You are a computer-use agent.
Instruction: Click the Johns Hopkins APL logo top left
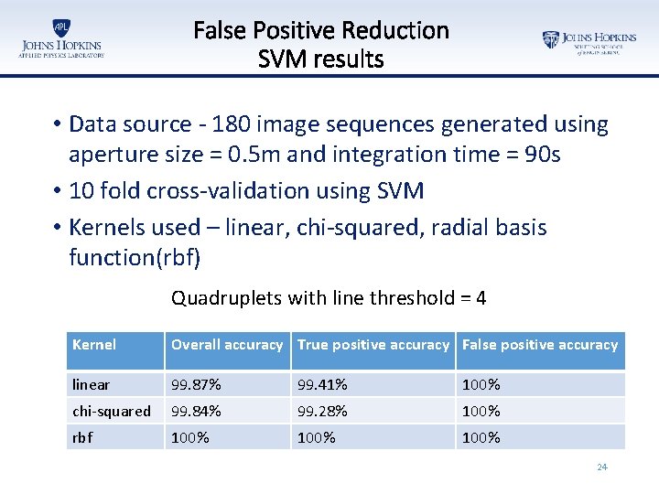[60, 39]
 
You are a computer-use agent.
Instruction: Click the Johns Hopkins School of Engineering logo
[589, 42]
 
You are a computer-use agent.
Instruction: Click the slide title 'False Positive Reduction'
[321, 30]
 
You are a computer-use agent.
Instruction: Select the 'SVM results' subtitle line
[321, 60]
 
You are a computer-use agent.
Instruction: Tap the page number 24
[601, 467]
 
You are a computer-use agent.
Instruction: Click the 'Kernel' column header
[94, 345]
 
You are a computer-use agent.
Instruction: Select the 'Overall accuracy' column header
[227, 345]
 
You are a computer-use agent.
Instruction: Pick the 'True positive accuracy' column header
[373, 345]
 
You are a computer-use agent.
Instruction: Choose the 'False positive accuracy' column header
[540, 345]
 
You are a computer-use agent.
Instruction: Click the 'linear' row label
[92, 384]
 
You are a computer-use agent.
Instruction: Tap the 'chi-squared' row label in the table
[112, 412]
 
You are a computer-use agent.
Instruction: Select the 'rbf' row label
[83, 437]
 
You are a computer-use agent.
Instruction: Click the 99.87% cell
[196, 384]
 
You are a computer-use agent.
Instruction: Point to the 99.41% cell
[321, 384]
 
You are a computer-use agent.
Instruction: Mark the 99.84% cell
[196, 412]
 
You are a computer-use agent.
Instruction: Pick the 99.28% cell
[321, 412]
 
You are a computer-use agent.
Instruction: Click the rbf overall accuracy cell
[190, 437]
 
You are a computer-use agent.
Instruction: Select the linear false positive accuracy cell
[481, 384]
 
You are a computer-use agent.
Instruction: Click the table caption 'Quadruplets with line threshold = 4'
[329, 298]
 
